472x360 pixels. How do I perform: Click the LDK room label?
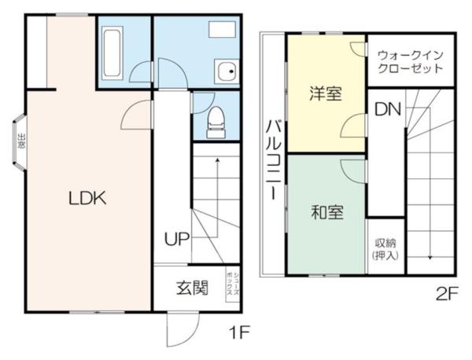87,198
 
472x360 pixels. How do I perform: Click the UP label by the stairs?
176,239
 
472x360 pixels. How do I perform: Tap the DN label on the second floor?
386,110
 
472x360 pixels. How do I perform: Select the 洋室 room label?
325,94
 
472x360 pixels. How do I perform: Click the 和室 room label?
325,212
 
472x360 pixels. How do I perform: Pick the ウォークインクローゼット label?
409,62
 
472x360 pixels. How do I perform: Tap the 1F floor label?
239,332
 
